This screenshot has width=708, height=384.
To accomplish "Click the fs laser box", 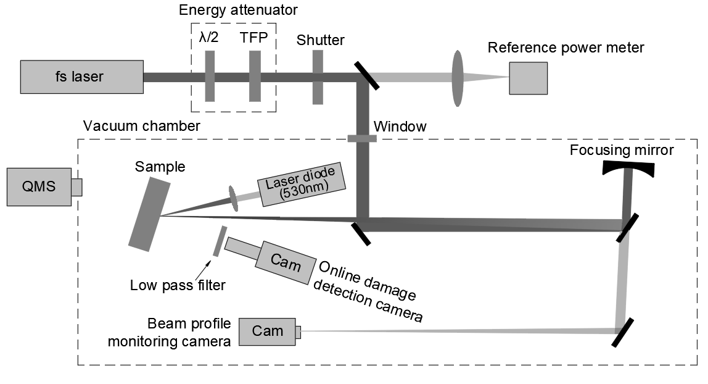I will [x=82, y=77].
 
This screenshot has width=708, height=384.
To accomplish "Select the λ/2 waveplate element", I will [x=210, y=77].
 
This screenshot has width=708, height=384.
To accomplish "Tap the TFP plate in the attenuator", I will [x=255, y=77].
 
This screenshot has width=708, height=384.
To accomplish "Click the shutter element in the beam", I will [x=318, y=77].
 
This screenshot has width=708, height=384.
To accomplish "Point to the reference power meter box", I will [x=528, y=78].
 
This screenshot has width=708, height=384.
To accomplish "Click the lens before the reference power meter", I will [x=458, y=77].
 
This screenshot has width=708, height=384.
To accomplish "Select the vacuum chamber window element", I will [x=361, y=138].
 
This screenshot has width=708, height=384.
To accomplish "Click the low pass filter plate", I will [x=218, y=241].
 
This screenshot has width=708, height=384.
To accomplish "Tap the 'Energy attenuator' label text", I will [x=237, y=10].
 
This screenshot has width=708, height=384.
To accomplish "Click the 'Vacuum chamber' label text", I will [x=141, y=127].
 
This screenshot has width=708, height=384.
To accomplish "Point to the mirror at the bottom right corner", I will [x=624, y=332].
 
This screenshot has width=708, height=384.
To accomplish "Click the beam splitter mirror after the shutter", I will [x=368, y=75].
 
